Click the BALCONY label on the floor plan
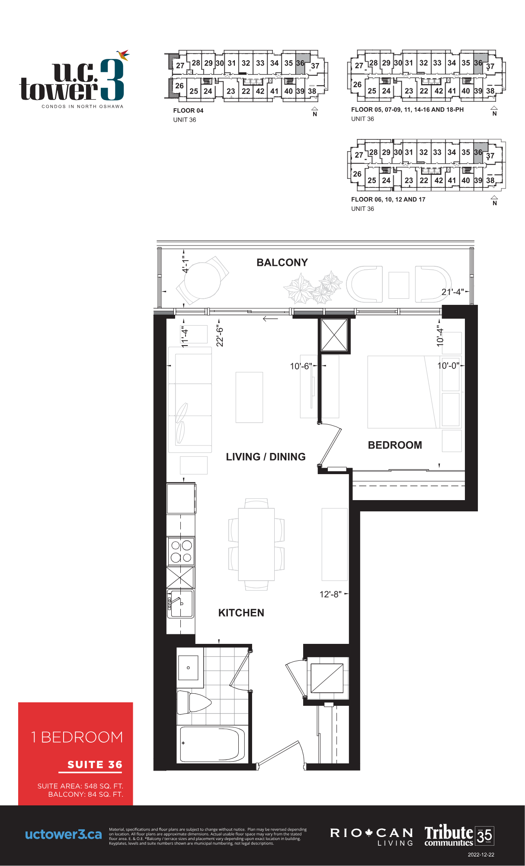pos(282,262)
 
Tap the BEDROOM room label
pos(395,445)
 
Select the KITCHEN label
pos(241,613)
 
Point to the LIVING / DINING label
pos(266,457)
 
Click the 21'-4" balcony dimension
pos(453,292)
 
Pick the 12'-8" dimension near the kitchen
pos(330,594)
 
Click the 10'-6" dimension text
pos(301,366)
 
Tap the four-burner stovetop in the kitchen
pos(181,551)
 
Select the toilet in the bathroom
pos(194,702)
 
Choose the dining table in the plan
pos(256,544)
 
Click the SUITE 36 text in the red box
pos(95,765)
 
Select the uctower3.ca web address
pos(64,834)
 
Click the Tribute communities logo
pos(459,835)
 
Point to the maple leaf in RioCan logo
pos(369,833)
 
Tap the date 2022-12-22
pos(481,855)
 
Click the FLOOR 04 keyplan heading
pos(188,110)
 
